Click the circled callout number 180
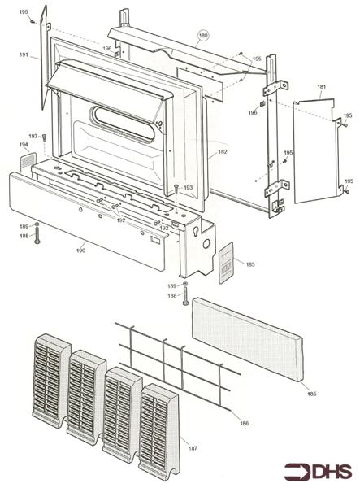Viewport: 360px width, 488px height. pos(203,36)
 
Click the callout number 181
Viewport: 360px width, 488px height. pos(322,87)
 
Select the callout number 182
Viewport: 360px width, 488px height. pos(223,152)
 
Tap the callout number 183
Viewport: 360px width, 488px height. pos(250,264)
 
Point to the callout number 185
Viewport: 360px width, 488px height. pos(312,394)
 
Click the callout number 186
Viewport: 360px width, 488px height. pos(245,423)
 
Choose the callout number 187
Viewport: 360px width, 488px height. pos(193,448)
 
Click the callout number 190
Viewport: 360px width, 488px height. pos(80,251)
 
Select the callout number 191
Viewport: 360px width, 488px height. pos(24,54)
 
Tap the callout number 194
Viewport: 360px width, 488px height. pos(24,145)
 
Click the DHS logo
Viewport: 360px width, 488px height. pos(318,472)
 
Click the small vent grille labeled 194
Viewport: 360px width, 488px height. pos(28,162)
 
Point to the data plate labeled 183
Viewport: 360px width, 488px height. pos(226,264)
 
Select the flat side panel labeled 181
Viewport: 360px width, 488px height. pos(315,151)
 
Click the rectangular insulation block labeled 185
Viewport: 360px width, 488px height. pos(248,339)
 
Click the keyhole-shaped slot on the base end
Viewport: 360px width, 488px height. pos(196,233)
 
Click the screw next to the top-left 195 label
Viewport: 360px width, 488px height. pos(32,21)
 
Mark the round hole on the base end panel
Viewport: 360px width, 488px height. pos(206,244)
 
